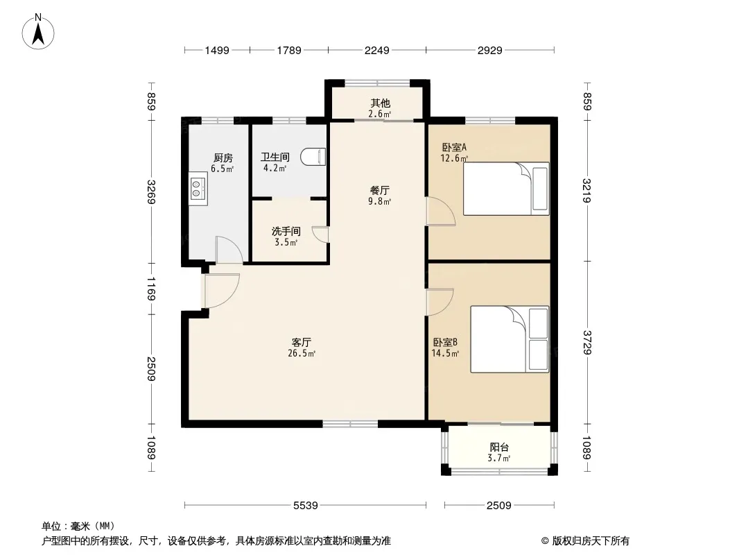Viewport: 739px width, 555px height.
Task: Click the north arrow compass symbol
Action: pos(38,32)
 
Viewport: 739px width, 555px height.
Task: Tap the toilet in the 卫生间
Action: pos(314,157)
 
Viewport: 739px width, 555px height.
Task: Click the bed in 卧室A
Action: pos(506,189)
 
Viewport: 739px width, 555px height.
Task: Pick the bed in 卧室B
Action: pos(510,339)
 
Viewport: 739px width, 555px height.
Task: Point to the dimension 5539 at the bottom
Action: pos(306,506)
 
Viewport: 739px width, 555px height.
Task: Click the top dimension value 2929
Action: pos(490,50)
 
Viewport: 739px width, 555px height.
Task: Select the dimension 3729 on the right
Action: pos(586,342)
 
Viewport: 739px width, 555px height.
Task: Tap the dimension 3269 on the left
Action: pos(151,192)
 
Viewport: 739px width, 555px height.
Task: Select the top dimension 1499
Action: pos(217,50)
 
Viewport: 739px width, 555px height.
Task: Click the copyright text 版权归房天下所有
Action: pos(591,541)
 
